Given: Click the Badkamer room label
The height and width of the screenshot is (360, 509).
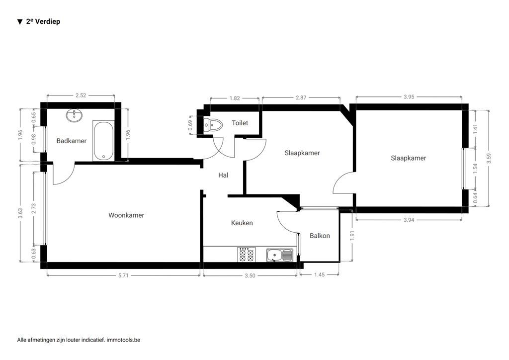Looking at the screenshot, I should (x=71, y=141).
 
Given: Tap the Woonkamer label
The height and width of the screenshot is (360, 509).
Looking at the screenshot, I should (x=126, y=215).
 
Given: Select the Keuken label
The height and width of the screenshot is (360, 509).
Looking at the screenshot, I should (x=242, y=223).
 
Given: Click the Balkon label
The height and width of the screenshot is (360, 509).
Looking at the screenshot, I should (x=319, y=236).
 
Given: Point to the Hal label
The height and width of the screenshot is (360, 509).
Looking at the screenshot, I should (x=223, y=175).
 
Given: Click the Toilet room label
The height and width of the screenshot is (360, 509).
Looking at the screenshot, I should (x=240, y=123).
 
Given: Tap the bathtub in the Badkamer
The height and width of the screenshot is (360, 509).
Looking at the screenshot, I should (x=103, y=140).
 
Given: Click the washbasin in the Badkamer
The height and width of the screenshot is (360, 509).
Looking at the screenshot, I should (x=75, y=116).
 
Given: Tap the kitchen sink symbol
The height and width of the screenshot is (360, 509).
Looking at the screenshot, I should (x=279, y=256).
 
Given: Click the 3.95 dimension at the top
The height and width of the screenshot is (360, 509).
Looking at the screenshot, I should (x=409, y=97).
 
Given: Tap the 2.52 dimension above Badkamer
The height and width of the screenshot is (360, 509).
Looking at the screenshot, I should (x=81, y=95).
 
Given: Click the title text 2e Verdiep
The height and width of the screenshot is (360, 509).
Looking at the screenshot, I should (x=43, y=21).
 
